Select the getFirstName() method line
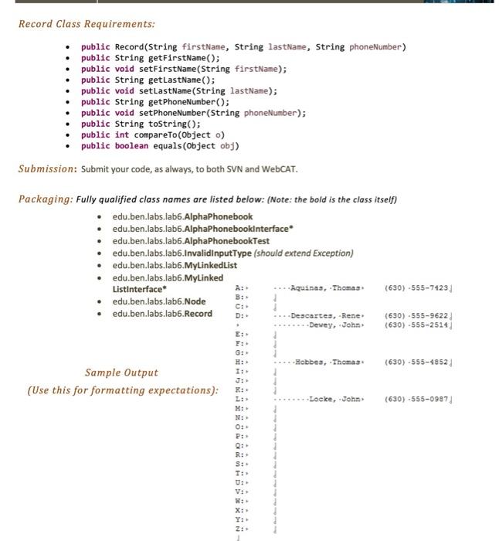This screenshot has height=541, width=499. [x=151, y=58]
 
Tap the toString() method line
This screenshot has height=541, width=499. [x=141, y=124]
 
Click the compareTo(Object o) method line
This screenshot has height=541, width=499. [x=154, y=134]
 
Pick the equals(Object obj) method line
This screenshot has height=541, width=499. [x=160, y=145]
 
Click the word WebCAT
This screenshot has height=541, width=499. [x=279, y=169]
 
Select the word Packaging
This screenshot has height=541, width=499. [x=45, y=199]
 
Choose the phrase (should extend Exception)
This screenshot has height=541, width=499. [x=304, y=253]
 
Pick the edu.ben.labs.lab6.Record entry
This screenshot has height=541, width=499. [x=162, y=314]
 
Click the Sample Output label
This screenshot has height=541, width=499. [x=121, y=373]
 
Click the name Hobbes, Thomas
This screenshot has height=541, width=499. [x=329, y=362]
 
